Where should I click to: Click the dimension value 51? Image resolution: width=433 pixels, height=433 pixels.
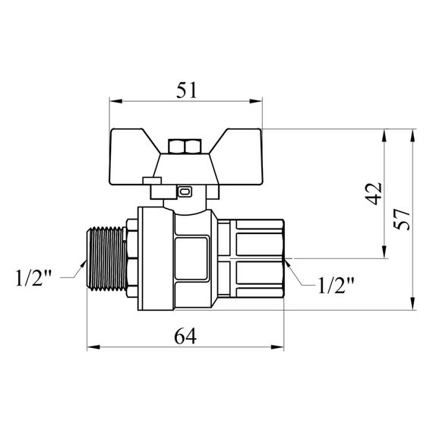[x=187, y=90]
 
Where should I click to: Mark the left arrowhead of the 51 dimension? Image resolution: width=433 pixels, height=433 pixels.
[x=114, y=100]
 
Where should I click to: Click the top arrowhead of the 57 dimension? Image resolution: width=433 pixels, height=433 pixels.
[x=412, y=134]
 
